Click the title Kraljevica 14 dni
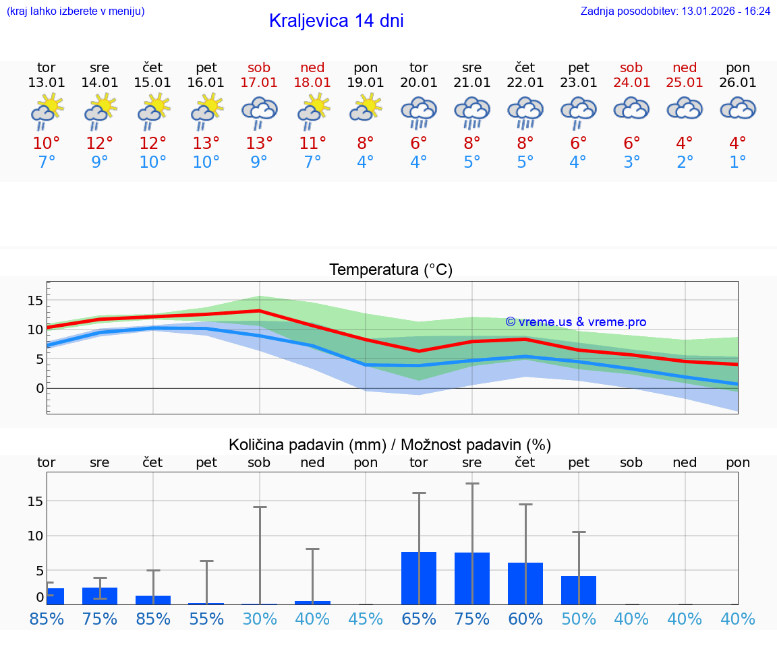point(336,21)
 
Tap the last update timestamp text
point(675,11)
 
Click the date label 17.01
point(259,82)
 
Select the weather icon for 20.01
point(419,113)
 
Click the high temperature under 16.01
point(206,143)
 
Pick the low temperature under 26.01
point(738,162)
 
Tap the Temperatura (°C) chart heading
point(391,270)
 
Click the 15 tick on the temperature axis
point(35,300)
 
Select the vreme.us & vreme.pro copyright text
point(575,322)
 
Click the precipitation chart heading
point(390,445)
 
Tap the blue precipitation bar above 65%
point(419,578)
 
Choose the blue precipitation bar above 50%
point(579,590)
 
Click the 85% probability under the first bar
point(47,619)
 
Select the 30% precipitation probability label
point(259,619)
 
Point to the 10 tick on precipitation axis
point(35,536)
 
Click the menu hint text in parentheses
point(75,11)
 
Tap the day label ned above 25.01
point(685,67)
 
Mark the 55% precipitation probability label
point(206,619)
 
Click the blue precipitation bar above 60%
point(525,584)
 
